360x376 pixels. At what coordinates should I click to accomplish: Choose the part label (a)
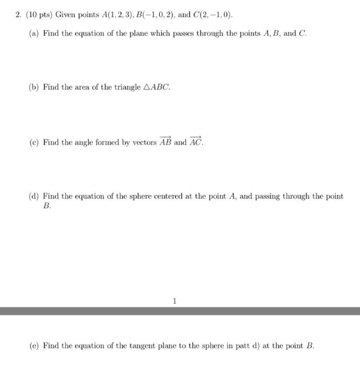pyautogui.click(x=33, y=32)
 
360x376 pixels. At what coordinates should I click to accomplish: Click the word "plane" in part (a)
pyautogui.click(x=138, y=32)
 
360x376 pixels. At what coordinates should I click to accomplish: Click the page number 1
pyautogui.click(x=174, y=298)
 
